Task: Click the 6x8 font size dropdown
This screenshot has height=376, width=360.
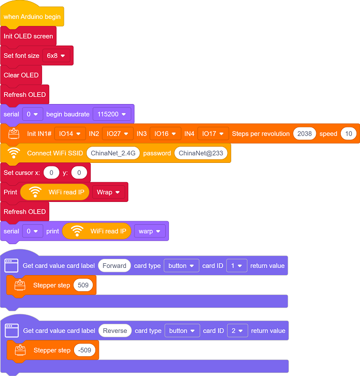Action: pos(56,56)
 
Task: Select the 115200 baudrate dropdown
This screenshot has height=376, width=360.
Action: pos(112,114)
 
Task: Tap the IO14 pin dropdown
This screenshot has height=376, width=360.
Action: pos(70,133)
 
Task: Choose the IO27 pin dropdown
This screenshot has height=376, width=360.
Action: pos(118,133)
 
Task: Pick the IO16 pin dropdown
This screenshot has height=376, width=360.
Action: pos(165,133)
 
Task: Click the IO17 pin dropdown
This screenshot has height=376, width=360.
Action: pos(213,133)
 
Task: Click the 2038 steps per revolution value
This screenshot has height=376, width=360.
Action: pos(304,133)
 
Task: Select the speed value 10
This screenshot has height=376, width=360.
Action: pos(348,133)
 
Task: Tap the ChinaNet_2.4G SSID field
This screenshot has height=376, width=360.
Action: pos(113,153)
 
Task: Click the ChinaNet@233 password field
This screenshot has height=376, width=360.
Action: pos(201,153)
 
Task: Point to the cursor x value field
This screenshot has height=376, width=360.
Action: pos(51,173)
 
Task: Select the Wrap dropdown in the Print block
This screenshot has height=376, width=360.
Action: pos(109,192)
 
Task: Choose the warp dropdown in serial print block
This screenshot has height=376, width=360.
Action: pos(150,231)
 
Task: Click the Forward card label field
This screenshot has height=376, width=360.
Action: pos(114,266)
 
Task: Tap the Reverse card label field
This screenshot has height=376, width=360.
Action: pos(115,331)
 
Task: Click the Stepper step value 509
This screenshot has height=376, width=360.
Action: pos(83,285)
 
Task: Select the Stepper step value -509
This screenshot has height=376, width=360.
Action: pos(85,350)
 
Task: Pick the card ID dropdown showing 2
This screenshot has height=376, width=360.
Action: pos(237,331)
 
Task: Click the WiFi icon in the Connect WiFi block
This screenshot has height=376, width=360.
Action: pos(14,153)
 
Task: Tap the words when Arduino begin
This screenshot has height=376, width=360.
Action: pos(32,17)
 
